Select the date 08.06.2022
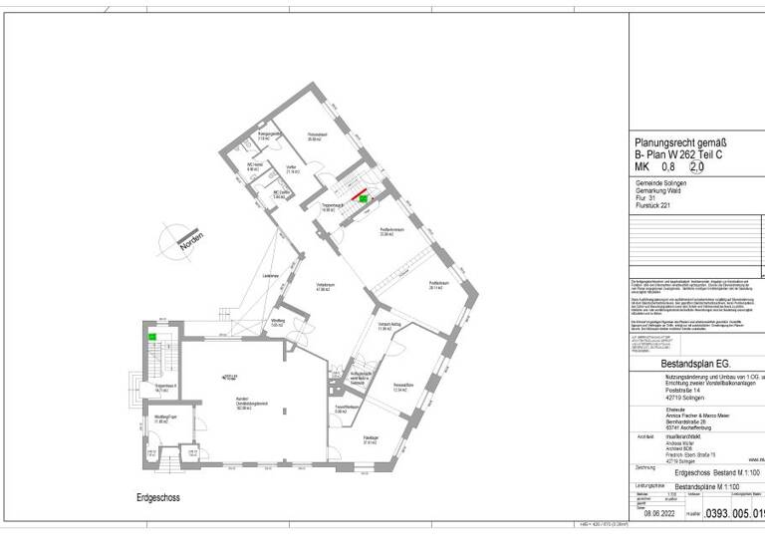[x=660, y=513]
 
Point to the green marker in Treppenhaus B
[x=363, y=199]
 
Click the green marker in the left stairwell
[x=151, y=336]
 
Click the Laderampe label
[x=270, y=275]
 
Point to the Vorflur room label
[x=292, y=169]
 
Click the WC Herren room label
[x=255, y=166]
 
